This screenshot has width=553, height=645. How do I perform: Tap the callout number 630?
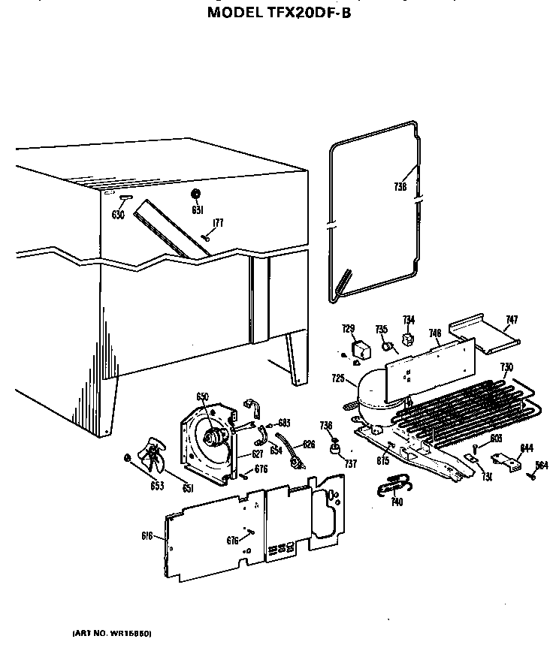coord(117,215)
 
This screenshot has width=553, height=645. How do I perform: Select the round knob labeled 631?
coord(197,194)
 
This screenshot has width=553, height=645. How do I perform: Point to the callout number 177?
coord(218,222)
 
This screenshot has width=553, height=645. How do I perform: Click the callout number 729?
coord(348,329)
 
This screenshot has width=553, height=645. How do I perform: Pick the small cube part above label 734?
coord(409,339)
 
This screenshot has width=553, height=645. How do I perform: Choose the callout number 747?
coord(511,320)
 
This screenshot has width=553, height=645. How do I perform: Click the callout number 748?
coord(434,333)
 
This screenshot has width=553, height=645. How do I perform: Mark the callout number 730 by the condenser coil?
coord(506,366)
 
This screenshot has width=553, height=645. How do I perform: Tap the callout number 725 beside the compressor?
coord(337,378)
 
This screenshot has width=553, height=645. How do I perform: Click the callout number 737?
coord(350,464)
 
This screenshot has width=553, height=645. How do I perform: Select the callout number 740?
coord(397,502)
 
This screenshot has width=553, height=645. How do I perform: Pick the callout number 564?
coord(541,464)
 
